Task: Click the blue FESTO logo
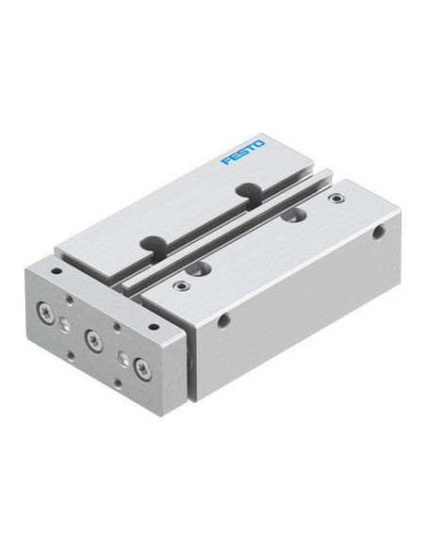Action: (242, 152)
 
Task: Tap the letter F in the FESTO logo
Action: (225, 160)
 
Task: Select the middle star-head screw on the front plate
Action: (91, 338)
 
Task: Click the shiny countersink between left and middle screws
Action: (63, 322)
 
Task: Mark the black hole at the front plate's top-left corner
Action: (56, 271)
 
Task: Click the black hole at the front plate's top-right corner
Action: (152, 327)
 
